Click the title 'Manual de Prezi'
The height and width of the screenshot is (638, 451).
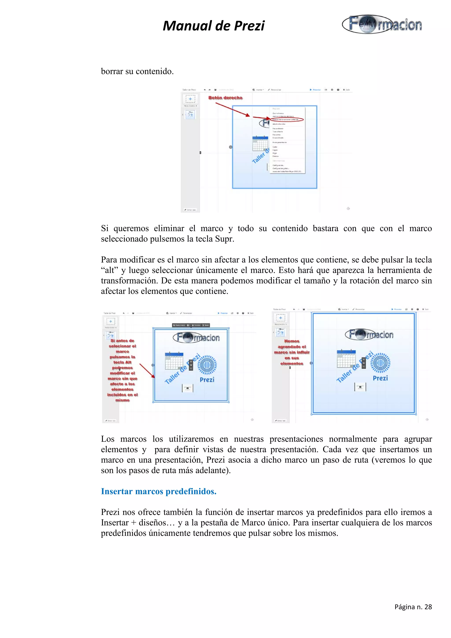[213, 26]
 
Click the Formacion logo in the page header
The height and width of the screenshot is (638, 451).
[382, 24]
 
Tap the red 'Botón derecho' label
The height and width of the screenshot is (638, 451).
[225, 98]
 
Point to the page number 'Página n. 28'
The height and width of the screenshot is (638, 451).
[413, 607]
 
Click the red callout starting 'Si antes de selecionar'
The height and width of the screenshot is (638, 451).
[122, 370]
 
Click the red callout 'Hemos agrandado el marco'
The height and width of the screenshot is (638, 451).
[292, 352]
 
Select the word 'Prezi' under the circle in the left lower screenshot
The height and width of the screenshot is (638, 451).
[207, 380]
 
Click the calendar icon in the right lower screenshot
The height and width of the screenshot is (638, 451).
[346, 359]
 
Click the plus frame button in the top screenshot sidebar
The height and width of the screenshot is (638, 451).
[190, 99]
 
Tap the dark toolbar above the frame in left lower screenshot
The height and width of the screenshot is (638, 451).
[191, 325]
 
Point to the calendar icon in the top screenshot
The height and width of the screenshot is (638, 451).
[260, 143]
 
